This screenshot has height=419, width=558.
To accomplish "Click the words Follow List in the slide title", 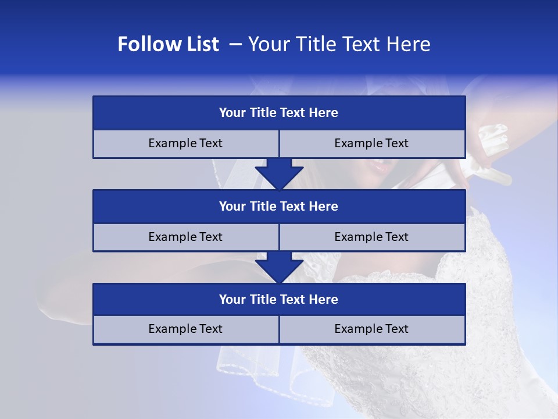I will coord(168,44).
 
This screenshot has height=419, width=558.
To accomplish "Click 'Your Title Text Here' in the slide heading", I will coord(339,44).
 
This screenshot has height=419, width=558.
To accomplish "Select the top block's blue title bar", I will coord(279,113).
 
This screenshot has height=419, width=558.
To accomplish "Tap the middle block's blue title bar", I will coord(279,206).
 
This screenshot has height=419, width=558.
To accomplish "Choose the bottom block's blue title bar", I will coord(279,299).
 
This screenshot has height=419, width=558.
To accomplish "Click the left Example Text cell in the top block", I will coord(185,143).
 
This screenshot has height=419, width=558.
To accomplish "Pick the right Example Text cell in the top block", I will coord(371,143).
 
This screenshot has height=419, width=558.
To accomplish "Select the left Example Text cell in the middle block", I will coord(185,237).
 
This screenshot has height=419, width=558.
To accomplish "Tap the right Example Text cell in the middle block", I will coord(371,237).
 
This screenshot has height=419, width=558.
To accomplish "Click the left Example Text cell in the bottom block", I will coord(185,329).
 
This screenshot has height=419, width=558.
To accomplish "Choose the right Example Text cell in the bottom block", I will coord(371,329).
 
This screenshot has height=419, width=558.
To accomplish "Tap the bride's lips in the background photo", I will coord(381,167).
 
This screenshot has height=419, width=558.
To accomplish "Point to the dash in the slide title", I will coord(235,44).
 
